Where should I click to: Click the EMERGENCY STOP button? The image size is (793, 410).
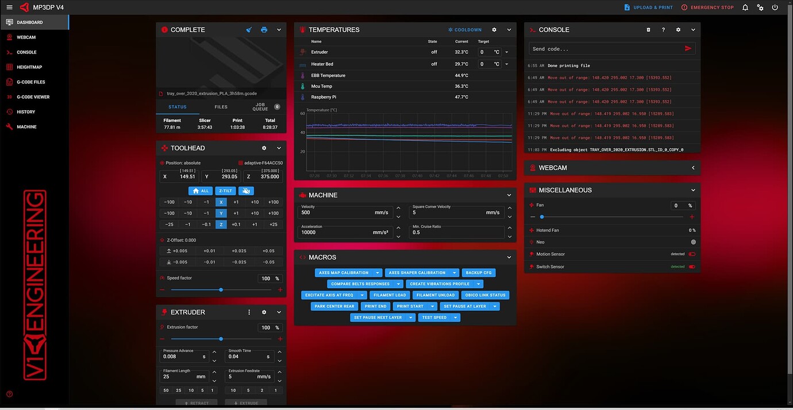coord(707,7)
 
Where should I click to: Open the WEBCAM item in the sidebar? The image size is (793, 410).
coord(26,37)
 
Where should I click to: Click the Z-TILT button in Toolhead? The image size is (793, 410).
coord(225,191)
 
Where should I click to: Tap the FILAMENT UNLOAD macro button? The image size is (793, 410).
coord(435,295)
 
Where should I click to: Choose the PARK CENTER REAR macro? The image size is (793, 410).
coord(334,306)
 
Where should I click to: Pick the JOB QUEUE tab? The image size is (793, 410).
coord(260,107)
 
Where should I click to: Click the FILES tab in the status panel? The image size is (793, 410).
coord(221,107)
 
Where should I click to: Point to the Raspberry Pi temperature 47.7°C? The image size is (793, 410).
coord(461,97)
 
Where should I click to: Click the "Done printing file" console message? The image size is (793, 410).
coord(569,65)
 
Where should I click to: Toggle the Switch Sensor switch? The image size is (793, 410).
coord(692,266)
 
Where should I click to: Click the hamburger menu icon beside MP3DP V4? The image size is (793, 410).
coord(9,7)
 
